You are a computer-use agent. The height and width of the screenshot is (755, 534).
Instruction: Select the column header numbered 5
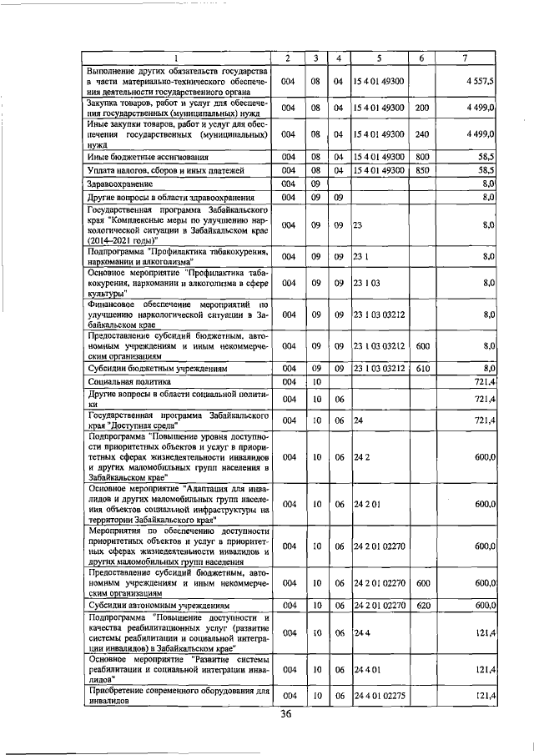point(379,58)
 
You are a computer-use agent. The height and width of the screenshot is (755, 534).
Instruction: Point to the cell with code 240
point(421,133)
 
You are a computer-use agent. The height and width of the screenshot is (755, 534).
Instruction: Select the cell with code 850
point(421,169)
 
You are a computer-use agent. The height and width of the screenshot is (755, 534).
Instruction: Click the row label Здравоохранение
point(121,183)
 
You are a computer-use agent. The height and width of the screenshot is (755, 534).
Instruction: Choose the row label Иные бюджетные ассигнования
point(148,156)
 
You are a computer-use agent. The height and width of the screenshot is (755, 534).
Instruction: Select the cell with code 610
point(421,367)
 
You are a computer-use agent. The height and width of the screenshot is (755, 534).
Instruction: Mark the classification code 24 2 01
point(367,504)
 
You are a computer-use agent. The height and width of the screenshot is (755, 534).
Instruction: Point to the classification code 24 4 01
point(367,669)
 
